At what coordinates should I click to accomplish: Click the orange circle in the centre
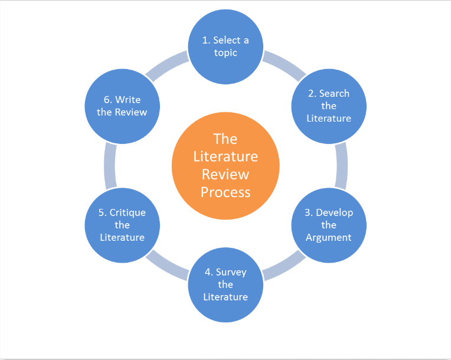pos(225,165)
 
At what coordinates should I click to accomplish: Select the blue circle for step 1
pos(225,47)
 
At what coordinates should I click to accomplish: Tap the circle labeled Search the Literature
pos(329,106)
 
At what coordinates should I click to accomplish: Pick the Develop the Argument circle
pos(329,225)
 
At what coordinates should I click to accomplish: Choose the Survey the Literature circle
pos(225,285)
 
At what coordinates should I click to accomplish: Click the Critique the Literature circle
pos(122,225)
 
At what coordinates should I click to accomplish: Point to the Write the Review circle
pos(122,106)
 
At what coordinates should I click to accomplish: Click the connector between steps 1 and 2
pos(283,66)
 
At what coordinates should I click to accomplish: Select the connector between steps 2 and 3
pos(341,165)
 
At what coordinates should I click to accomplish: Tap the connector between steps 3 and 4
pos(283,266)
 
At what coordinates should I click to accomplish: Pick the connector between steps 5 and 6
pos(110,165)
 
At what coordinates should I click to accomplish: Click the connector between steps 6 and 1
pos(168,66)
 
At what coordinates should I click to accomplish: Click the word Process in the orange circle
pos(225,192)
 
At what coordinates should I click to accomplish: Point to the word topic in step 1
pos(225,53)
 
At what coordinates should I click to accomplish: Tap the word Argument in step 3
pos(329,237)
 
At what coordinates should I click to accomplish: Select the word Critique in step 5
pos(128,212)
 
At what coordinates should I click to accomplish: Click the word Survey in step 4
pos(231,272)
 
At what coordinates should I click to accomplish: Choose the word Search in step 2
pos(334,93)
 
